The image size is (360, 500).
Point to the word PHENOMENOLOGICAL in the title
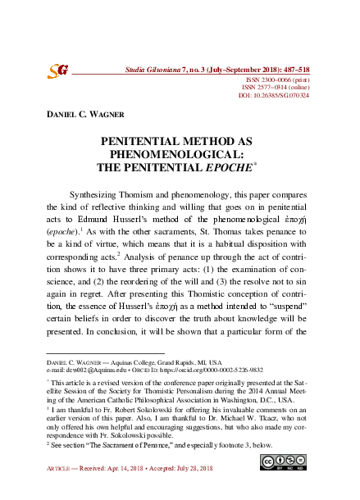pos(180,154)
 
